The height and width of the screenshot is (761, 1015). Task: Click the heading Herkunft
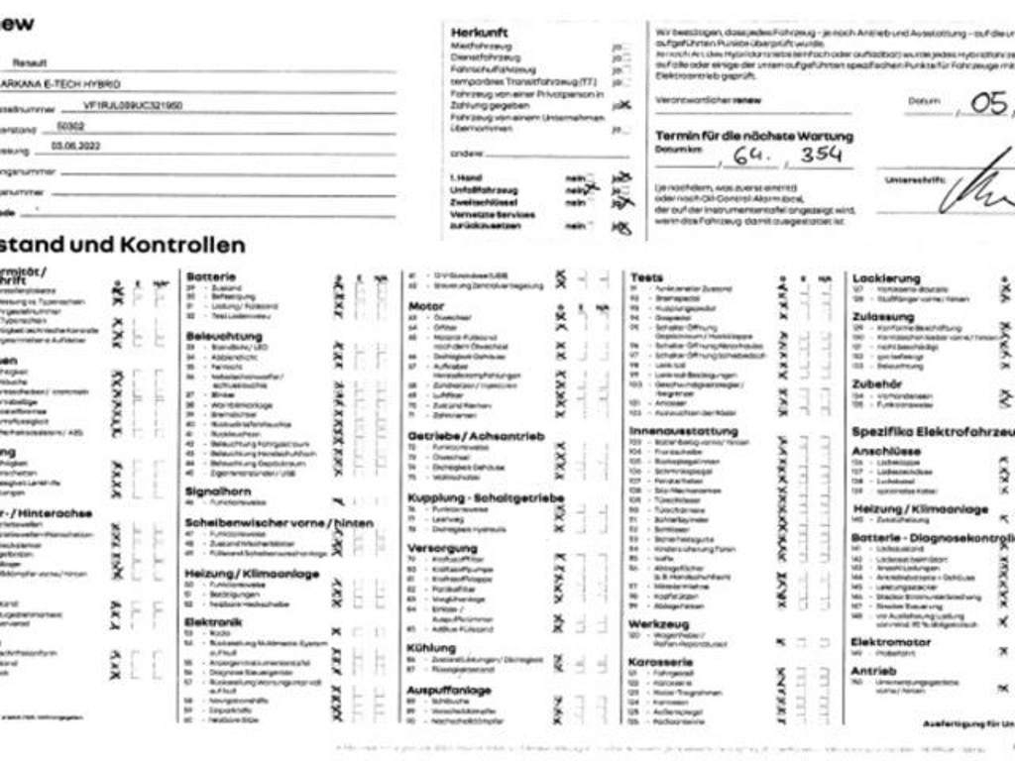[x=480, y=33]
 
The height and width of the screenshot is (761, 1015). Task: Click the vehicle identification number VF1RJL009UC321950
[x=134, y=105]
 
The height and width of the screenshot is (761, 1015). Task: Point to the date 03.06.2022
[x=80, y=147]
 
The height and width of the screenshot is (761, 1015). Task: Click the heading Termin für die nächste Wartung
[x=753, y=136]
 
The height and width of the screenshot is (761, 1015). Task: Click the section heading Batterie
[x=210, y=275]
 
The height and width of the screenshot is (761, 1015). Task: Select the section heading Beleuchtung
[x=224, y=337]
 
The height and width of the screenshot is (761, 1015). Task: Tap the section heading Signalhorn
[x=218, y=491]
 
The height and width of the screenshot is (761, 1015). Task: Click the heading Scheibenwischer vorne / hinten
[x=280, y=522]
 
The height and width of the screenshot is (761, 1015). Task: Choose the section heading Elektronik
[x=213, y=622]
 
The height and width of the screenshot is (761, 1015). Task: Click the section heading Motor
[x=426, y=306]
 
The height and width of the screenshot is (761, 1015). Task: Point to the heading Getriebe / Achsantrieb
[x=476, y=436]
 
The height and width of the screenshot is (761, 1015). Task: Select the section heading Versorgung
[x=442, y=547]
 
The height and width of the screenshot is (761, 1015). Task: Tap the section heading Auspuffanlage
[x=449, y=690]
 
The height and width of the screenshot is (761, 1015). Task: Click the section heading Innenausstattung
[x=683, y=431]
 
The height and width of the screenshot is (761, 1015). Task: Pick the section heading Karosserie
[x=660, y=662]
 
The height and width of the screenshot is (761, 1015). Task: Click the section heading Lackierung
[x=886, y=278]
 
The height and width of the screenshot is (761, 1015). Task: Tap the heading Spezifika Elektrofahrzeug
[x=932, y=432]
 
